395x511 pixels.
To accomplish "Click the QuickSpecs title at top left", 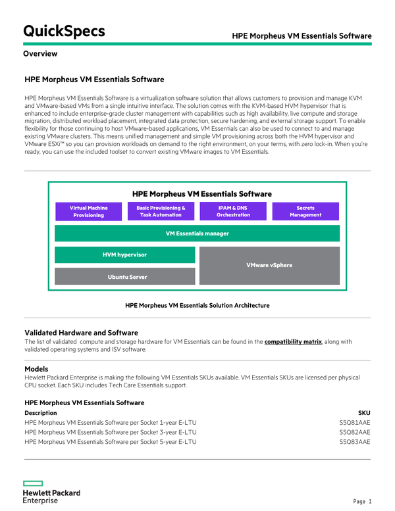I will click(64, 31).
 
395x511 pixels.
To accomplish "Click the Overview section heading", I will click(40, 54).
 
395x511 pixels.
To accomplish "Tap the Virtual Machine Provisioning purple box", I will click(89, 211).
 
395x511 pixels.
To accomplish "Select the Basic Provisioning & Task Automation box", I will click(161, 211).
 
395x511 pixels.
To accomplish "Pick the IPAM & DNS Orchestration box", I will click(234, 211).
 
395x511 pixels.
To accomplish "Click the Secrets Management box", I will click(305, 211).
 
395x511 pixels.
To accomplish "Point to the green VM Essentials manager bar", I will click(197, 233).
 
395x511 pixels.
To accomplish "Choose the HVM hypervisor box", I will click(124, 255).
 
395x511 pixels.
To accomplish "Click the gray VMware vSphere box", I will click(269, 266).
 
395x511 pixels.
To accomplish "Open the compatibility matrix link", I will click(293, 341).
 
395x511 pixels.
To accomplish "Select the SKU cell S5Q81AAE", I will click(355, 422).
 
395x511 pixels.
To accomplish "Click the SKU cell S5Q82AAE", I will click(355, 432).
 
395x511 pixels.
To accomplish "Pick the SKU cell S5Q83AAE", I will click(355, 442).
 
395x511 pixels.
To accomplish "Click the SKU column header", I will click(364, 412).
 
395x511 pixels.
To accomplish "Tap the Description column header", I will click(41, 412).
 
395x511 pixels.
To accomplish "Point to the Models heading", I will click(37, 369).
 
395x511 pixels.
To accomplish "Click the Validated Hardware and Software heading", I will click(81, 333).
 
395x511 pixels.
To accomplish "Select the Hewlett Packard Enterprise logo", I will click(51, 492).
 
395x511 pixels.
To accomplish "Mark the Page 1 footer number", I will click(362, 502).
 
